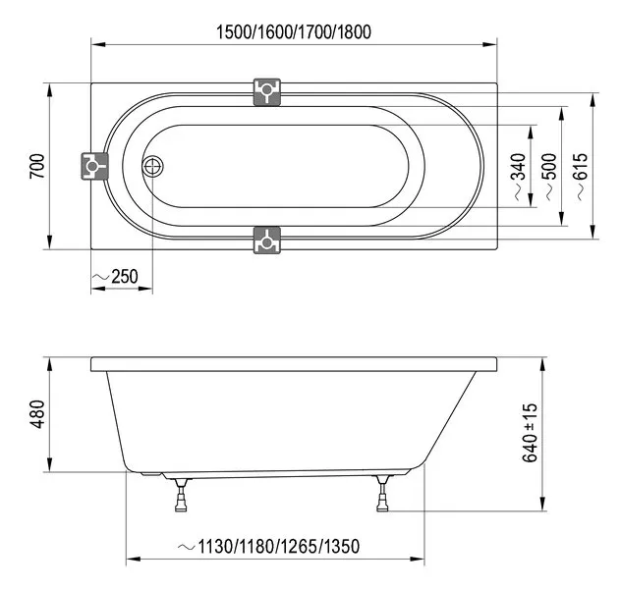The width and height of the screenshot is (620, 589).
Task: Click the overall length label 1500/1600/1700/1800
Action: (x=294, y=32)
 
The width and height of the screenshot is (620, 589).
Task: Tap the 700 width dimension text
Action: (x=37, y=166)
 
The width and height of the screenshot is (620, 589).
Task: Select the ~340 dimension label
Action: (x=519, y=177)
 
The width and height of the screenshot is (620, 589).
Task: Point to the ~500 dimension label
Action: (x=549, y=177)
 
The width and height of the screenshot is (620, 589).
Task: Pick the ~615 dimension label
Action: (x=581, y=177)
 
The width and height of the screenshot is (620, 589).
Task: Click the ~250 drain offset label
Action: (x=115, y=277)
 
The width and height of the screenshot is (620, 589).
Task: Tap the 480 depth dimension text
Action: (x=37, y=414)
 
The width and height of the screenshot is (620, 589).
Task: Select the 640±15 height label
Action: (x=530, y=433)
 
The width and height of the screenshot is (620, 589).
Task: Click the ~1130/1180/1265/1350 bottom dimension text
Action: (x=268, y=547)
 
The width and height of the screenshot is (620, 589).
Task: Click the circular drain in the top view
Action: (x=152, y=166)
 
